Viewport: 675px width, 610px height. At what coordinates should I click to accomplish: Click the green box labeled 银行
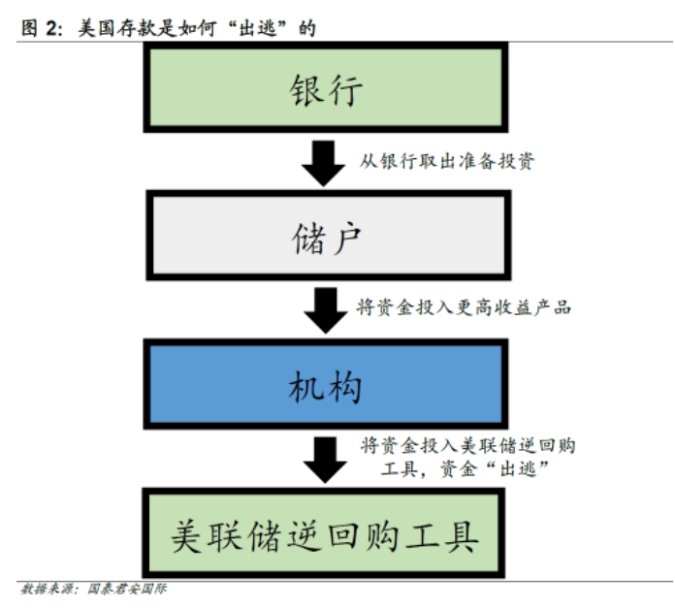[x=326, y=88]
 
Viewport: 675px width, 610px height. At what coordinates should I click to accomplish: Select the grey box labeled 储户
[x=326, y=236]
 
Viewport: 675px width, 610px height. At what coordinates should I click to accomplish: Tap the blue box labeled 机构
[x=326, y=386]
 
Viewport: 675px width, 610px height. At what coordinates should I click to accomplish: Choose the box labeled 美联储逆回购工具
[x=326, y=534]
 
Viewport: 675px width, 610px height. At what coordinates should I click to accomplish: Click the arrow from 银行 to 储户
[x=323, y=162]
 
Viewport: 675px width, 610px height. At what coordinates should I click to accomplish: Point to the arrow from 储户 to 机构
[x=323, y=310]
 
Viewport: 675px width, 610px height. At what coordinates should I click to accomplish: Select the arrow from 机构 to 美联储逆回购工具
[x=323, y=459]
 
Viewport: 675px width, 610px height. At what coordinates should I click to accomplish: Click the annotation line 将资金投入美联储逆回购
[x=467, y=445]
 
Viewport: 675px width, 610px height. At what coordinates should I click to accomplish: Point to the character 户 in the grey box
[x=347, y=236]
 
